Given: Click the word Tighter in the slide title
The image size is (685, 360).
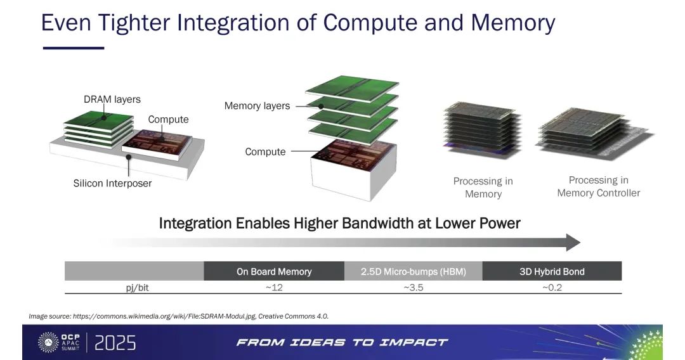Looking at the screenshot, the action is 134,23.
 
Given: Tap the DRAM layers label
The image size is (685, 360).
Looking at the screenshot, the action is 112,100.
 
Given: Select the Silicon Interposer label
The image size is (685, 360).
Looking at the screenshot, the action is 112,183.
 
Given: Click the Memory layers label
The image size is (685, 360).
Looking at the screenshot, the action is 257,106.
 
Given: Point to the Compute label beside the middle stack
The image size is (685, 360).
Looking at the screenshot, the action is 265,152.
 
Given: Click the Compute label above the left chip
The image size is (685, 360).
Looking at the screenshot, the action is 168,120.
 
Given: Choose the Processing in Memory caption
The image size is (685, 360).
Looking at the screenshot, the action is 483,188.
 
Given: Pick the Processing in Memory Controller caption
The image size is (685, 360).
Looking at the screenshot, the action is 599,187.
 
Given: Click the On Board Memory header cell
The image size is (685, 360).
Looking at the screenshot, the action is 274,271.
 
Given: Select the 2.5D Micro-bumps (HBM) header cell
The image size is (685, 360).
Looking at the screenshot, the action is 414,271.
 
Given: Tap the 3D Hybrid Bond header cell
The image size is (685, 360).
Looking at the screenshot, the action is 552,271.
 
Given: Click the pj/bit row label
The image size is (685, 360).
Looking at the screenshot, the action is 137,288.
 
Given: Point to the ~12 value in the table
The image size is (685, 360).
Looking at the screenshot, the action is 274,288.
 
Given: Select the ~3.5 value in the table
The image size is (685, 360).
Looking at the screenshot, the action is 414,288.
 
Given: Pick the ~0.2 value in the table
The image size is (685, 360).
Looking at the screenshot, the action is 552,288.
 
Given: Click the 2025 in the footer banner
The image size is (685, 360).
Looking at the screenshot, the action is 115,343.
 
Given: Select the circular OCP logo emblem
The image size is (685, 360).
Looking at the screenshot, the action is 48,342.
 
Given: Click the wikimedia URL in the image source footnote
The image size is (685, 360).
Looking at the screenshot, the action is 164,316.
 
